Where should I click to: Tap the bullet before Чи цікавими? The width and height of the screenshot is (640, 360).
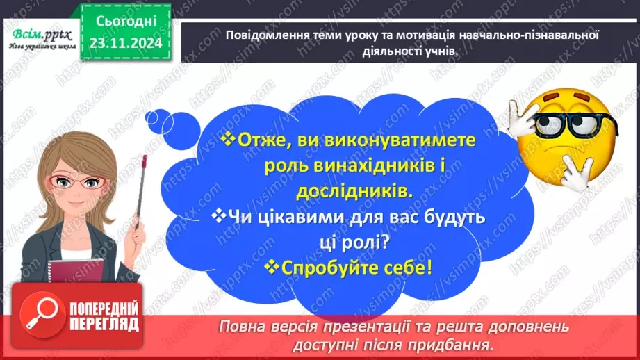click(219, 216)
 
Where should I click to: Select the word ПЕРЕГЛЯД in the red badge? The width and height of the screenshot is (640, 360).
click(103, 324)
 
